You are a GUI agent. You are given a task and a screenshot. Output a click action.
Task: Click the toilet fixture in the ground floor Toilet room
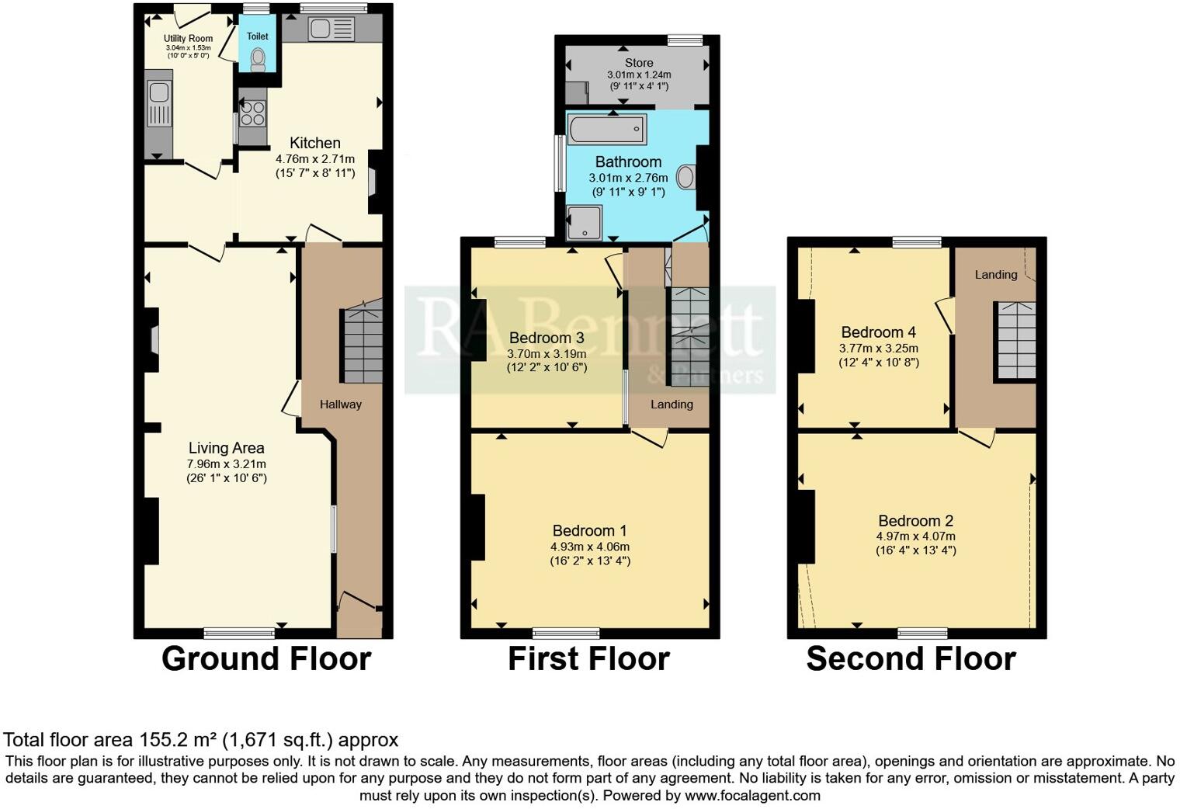click(258, 59)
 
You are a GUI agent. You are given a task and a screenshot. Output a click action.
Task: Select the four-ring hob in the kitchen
click(252, 114)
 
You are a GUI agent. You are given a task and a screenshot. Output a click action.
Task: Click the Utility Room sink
click(159, 93)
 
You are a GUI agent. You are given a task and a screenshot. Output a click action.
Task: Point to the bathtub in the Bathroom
click(607, 128)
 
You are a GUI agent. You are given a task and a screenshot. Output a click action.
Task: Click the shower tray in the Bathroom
click(584, 221)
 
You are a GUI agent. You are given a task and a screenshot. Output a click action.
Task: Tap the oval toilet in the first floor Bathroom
click(686, 177)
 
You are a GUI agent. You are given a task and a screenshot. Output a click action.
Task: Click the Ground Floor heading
click(265, 658)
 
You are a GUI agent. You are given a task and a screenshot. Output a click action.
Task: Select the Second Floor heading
click(911, 658)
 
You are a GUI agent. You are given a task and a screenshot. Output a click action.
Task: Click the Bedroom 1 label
click(589, 531)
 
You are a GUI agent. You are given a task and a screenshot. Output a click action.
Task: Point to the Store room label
click(639, 63)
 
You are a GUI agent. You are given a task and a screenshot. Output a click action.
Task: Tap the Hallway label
click(341, 404)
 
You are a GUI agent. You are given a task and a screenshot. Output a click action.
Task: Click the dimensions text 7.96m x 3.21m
click(226, 464)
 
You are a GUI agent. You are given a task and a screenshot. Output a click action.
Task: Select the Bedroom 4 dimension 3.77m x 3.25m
click(878, 349)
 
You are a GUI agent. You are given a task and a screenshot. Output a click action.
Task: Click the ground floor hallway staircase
click(363, 345)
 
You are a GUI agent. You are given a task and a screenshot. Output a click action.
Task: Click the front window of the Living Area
click(239, 632)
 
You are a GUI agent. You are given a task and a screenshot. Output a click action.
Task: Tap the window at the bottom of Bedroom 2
click(923, 632)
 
